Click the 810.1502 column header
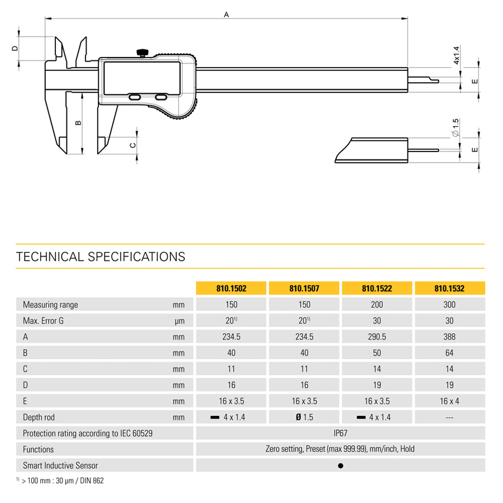(231, 288)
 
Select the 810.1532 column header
(449, 288)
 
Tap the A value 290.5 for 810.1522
(377, 336)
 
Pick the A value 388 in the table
(449, 336)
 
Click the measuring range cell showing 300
(449, 305)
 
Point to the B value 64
(449, 353)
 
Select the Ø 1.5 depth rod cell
(304, 417)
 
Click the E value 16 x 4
(449, 401)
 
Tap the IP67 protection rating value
(340, 433)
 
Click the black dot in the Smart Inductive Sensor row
(341, 466)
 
